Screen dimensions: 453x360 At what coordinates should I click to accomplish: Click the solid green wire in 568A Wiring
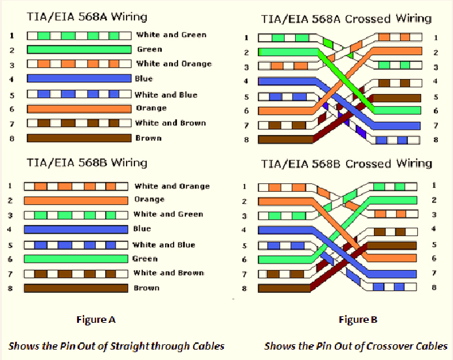coord(79,50)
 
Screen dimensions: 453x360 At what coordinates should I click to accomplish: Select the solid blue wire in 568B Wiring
coord(76,230)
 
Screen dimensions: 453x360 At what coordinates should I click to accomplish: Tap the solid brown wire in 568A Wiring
coord(79,138)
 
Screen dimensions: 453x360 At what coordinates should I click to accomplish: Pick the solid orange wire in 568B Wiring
coord(76,201)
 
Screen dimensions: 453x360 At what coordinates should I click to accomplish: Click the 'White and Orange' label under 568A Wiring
coord(174,64)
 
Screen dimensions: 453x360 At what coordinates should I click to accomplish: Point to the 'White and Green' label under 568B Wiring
coord(168,214)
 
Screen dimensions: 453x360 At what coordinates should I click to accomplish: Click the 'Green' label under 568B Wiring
coord(145,259)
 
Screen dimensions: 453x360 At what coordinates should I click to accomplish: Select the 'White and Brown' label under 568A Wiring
coord(170,123)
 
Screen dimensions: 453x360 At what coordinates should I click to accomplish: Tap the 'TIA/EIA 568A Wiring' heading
coord(87,17)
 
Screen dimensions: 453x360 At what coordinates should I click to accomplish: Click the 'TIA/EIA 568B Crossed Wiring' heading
coord(347,164)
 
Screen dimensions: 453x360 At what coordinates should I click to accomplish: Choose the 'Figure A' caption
coord(96,320)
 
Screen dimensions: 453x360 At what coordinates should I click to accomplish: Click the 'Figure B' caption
coord(358,320)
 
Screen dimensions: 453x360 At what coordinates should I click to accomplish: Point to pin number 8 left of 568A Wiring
coord(12,138)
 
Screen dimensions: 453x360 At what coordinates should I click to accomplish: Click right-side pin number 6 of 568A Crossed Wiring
coord(435,111)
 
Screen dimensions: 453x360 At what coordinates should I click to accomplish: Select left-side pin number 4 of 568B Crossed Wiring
coord(244,230)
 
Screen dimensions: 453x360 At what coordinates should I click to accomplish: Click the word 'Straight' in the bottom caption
coord(130,346)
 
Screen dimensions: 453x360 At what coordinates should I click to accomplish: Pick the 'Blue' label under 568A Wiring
coord(144,78)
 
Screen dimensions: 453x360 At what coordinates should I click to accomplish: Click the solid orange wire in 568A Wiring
coord(79,109)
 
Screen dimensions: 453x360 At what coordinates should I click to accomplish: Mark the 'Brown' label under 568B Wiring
coord(146,288)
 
